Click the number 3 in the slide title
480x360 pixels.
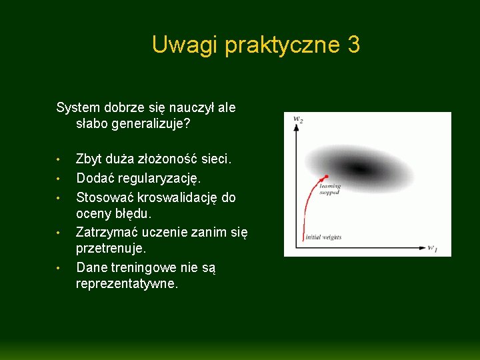tap(353, 45)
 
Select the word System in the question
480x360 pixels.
tap(78, 107)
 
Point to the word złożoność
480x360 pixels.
tap(164, 159)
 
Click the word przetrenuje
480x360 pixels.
tap(111, 249)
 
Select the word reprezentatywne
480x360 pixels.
tap(127, 284)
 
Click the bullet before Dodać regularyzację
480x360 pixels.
tap(59, 179)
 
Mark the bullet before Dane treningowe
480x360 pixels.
tap(59, 268)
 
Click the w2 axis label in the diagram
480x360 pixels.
tap(298, 119)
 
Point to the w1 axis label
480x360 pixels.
tap(432, 249)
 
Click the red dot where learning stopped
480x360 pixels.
tap(325, 177)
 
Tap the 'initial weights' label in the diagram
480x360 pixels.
tap(323, 237)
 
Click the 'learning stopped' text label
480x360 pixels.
tap(329, 189)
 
